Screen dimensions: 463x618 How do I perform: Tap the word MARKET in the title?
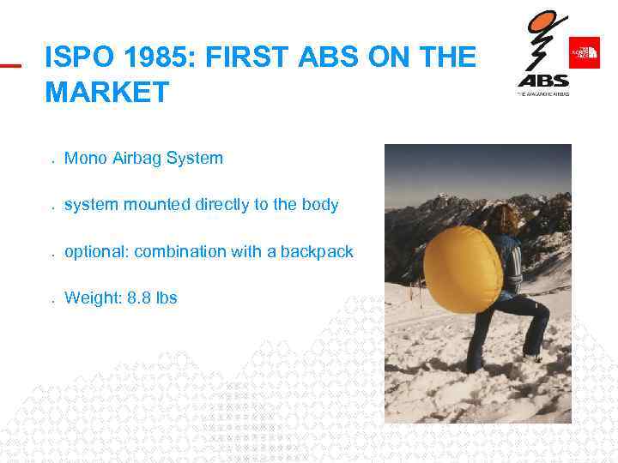tap(107, 92)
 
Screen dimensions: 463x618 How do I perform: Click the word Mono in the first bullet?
tap(83, 158)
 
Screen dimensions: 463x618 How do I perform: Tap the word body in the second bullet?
tap(318, 205)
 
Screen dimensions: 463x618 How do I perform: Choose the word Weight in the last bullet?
tap(88, 298)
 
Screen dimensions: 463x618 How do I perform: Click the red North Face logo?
tap(584, 52)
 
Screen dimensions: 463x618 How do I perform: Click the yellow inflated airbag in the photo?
tap(461, 273)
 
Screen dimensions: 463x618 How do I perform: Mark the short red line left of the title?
tap(10, 64)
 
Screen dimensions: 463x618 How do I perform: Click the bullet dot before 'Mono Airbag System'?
tap(52, 160)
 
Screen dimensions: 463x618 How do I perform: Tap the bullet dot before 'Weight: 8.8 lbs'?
tap(52, 301)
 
